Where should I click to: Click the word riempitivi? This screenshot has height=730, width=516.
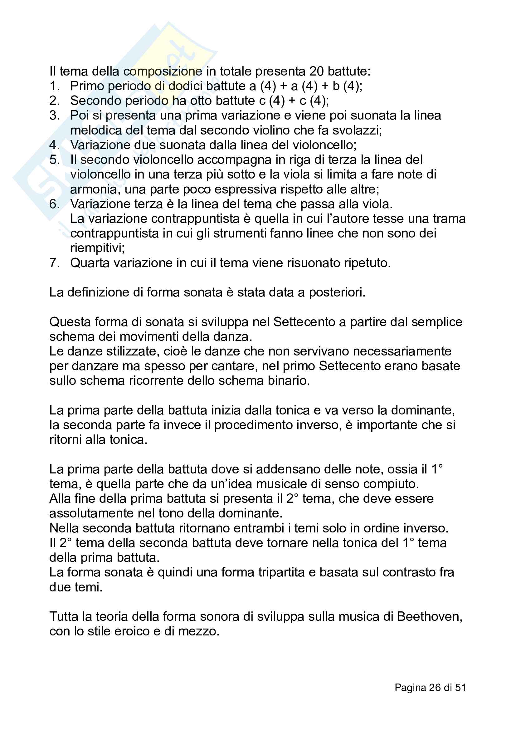tap(97, 248)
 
